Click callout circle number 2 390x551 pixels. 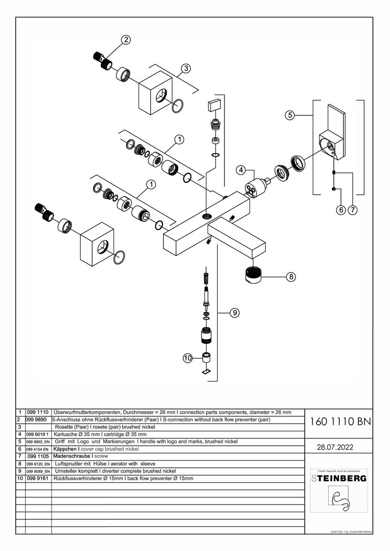[x=126, y=39]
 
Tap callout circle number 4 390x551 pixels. [x=241, y=170]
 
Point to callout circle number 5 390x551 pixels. [x=290, y=115]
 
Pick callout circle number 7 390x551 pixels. [x=353, y=209]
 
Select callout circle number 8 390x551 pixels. [x=290, y=277]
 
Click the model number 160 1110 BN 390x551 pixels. [x=340, y=422]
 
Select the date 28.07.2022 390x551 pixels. [x=335, y=447]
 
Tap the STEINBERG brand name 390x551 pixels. [x=339, y=479]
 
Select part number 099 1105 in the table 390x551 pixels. [x=38, y=456]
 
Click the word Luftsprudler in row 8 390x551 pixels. [x=70, y=464]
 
